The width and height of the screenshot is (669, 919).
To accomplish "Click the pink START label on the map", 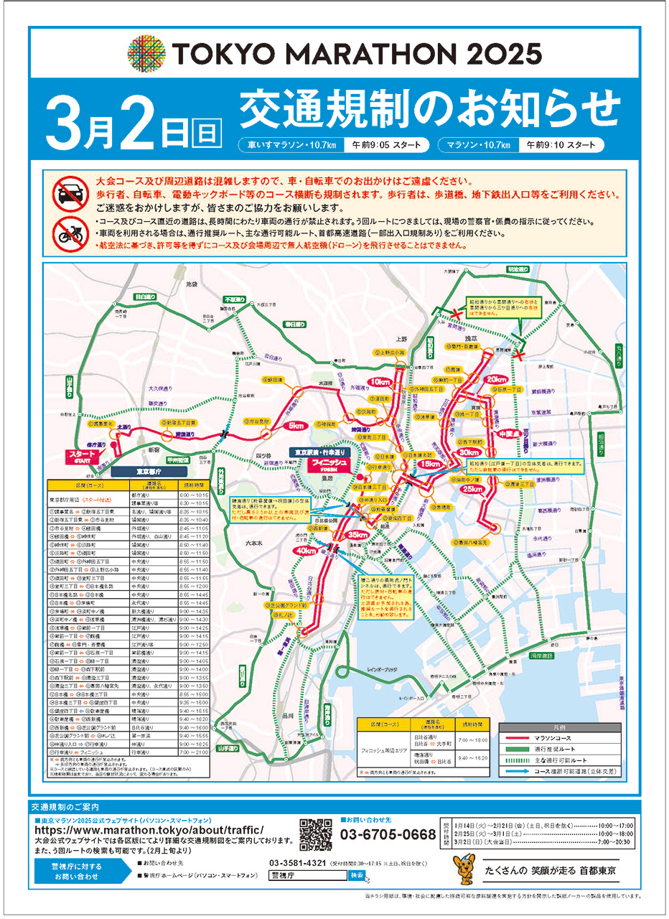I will pyautogui.click(x=80, y=457).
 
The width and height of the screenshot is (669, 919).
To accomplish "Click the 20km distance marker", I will pyautogui.click(x=496, y=379).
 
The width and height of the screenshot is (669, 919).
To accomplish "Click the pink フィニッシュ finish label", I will pyautogui.click(x=329, y=465).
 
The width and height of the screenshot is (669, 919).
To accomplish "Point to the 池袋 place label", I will pyautogui.click(x=191, y=285).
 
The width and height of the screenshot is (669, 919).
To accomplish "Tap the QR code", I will pyautogui.click(x=316, y=834).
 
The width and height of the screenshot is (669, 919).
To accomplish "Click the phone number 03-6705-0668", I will pyautogui.click(x=388, y=834).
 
